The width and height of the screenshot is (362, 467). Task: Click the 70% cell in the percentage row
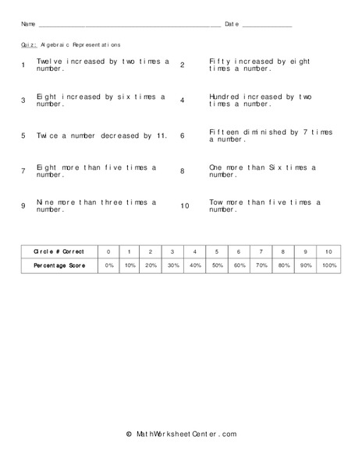(x=261, y=265)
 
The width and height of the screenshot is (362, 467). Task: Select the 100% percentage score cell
(x=328, y=265)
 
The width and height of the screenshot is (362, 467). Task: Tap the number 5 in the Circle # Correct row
(x=217, y=252)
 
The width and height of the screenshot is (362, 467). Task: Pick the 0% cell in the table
(x=109, y=265)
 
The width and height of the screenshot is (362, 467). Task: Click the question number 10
(x=185, y=206)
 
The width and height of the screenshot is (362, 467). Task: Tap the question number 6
(x=183, y=135)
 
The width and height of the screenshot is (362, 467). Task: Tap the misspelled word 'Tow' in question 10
(x=217, y=202)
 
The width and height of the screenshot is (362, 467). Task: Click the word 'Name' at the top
(x=28, y=25)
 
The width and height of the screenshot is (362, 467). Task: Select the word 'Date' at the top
(x=232, y=25)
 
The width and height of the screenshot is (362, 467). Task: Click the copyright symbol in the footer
(x=129, y=434)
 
